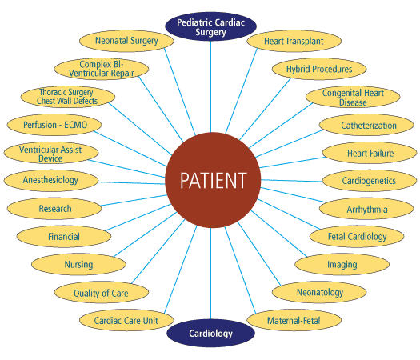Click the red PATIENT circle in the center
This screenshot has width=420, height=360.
pyautogui.click(x=211, y=180)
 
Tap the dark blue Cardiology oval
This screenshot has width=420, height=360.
pyautogui.click(x=211, y=333)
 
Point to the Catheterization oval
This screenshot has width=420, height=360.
pyautogui.click(x=368, y=126)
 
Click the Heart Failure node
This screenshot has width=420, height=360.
pyautogui.click(x=370, y=153)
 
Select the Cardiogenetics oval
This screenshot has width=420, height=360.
pyautogui.click(x=369, y=181)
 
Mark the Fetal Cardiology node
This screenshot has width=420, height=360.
pyautogui.click(x=357, y=237)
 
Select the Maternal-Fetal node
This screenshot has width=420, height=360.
pyautogui.click(x=294, y=321)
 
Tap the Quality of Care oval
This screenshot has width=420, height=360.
pyautogui.click(x=100, y=293)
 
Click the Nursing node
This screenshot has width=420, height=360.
pyautogui.click(x=78, y=264)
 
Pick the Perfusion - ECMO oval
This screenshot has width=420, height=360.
pyautogui.click(x=50, y=125)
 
